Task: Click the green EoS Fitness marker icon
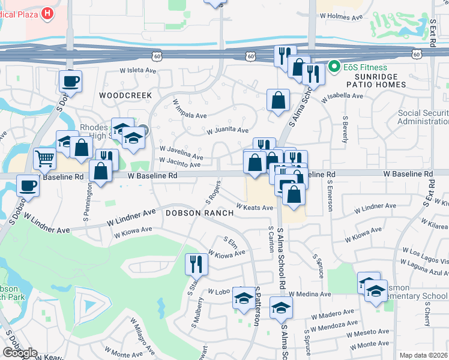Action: click(334, 67)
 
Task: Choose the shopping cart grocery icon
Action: click(44, 158)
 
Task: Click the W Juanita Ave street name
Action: click(228, 130)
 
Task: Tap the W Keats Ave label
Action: click(255, 208)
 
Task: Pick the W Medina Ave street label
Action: click(310, 295)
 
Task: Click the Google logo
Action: click(20, 353)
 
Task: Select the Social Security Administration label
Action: click(424, 118)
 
